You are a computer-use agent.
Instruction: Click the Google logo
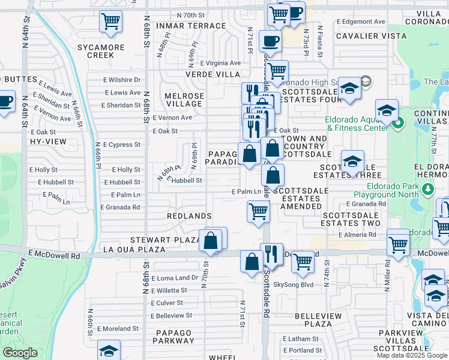tap(20, 353)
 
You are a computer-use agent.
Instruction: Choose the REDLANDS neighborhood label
tap(190, 216)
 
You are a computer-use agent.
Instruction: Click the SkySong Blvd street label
tap(294, 284)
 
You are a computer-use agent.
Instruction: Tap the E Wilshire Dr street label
tap(121, 79)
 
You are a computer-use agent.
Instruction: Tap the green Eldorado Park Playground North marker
tap(427, 190)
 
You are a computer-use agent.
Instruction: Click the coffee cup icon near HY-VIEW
tap(5, 100)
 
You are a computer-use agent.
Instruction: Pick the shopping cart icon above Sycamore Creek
tap(110, 21)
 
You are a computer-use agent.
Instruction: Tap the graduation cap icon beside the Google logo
tap(109, 350)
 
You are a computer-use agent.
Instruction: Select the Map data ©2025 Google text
tap(412, 355)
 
